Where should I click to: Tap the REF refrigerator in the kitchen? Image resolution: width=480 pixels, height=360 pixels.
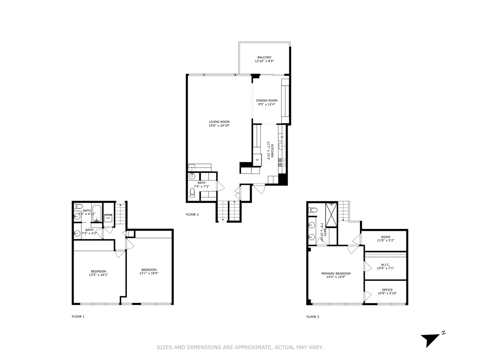(257, 160)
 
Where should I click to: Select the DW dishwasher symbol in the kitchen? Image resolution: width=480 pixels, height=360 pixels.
(282, 137)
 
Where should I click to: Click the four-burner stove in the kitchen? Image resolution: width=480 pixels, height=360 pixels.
(282, 162)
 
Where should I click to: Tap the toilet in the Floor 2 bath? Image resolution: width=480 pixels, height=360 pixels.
(192, 193)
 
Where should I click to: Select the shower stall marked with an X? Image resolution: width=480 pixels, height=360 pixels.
(331, 215)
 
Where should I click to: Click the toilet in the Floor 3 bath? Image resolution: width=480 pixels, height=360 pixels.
(313, 210)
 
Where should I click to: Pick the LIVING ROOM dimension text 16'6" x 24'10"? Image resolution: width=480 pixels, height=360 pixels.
(219, 126)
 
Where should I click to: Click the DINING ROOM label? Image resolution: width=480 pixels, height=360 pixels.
(267, 100)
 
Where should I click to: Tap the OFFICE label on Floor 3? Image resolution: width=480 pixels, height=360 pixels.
(387, 290)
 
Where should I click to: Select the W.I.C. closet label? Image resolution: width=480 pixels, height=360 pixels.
(385, 265)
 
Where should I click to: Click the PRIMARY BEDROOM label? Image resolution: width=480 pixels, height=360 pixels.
(336, 273)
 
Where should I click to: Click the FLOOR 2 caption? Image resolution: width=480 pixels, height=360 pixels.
(192, 214)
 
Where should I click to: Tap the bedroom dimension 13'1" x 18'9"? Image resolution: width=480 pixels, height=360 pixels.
(149, 273)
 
